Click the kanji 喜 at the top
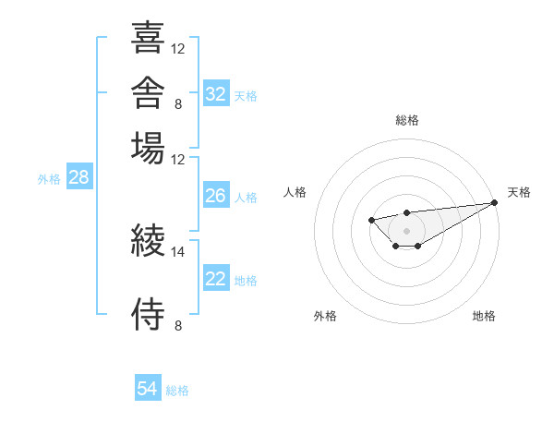pos(148,37)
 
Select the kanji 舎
pos(148,92)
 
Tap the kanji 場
pos(148,148)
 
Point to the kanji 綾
pos(148,240)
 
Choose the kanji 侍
pos(148,314)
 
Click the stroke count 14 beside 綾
pos(177,252)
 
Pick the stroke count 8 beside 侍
pos(178,325)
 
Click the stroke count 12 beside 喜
pos(177,49)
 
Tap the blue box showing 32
pos(216,93)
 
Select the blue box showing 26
pos(216,195)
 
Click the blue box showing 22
pos(216,277)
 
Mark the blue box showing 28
pos(79,176)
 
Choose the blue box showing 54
pos(148,387)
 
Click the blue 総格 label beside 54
pos(177,391)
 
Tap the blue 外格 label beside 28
pos(49,179)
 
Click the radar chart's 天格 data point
pos(495,202)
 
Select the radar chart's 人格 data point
pos(371,220)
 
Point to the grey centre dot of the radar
pos(406,231)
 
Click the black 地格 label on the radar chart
pos(484,316)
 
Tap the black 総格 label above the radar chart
pos(407,120)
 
